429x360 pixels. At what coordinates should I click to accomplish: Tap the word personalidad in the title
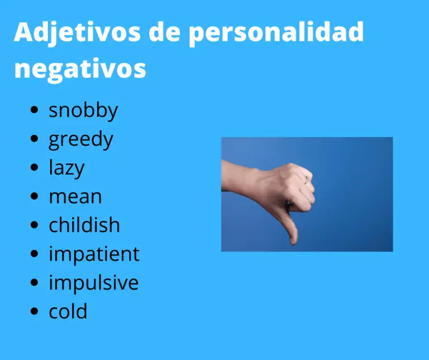pos(276,34)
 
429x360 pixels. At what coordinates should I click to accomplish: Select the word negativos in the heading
pos(80,69)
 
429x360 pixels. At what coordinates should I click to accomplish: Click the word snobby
pos(83,111)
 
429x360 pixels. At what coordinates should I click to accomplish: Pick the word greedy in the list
pos(81,140)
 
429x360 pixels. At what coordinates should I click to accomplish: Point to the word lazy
pos(66,168)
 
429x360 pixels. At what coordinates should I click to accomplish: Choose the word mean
pos(75,197)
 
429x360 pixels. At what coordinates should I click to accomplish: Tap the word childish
pos(84,225)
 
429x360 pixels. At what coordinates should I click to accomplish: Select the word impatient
pos(94,254)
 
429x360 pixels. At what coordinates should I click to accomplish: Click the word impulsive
pos(93,283)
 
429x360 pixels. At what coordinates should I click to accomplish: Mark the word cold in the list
pos(68,311)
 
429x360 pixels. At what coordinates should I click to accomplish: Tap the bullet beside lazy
pos(36,168)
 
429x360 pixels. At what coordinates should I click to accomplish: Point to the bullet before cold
pos(36,312)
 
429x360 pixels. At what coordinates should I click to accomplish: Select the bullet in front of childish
pos(36,226)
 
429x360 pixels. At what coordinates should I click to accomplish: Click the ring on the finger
pos(306,179)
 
